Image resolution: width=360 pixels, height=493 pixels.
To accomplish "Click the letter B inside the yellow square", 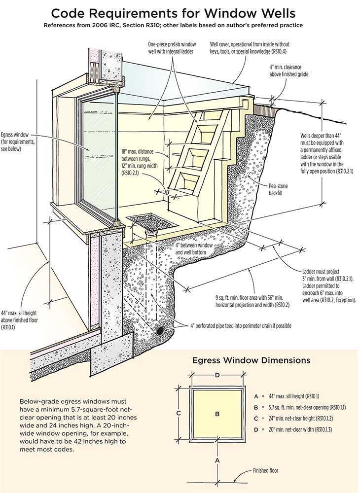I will point(217,414).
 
